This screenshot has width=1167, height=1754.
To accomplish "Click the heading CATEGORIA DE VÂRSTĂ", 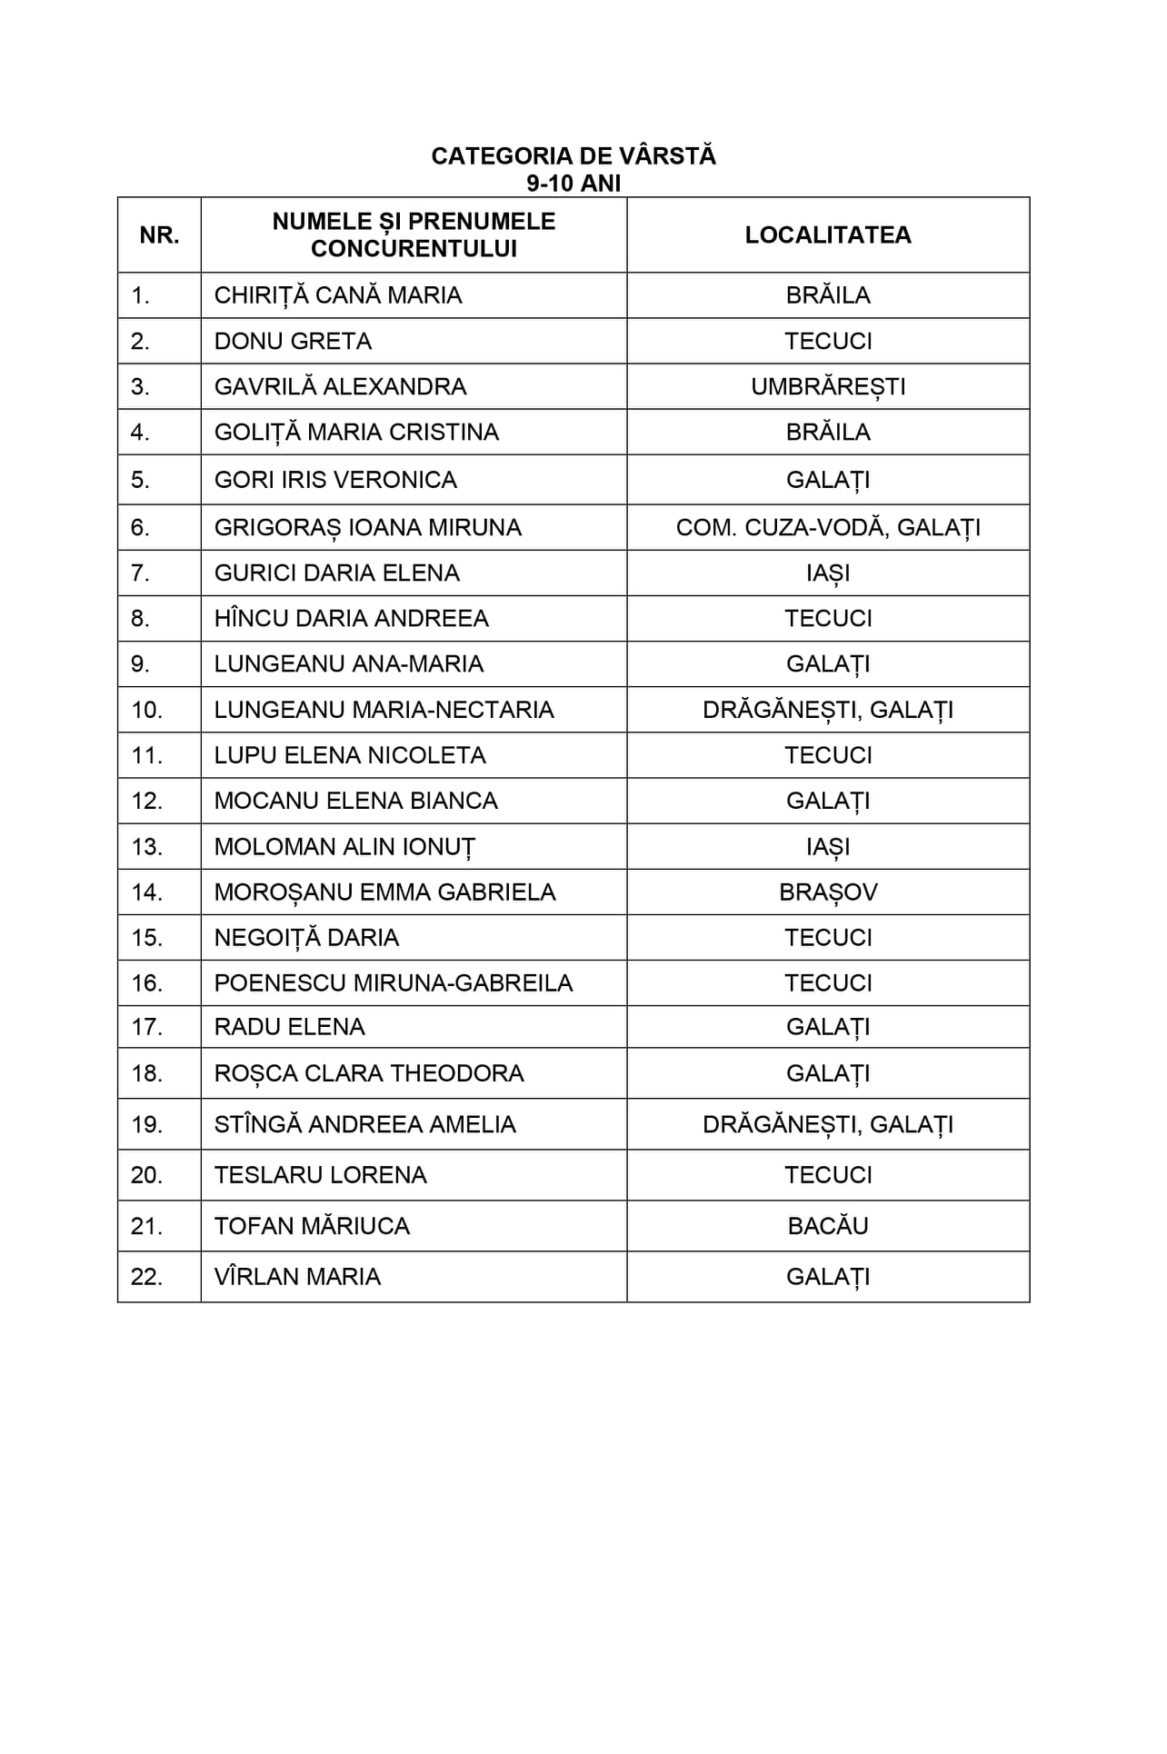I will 574,156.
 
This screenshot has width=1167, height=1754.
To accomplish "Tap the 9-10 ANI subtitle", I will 574,184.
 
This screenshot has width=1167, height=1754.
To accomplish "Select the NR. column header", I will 159,235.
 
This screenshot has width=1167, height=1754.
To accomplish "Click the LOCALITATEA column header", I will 828,235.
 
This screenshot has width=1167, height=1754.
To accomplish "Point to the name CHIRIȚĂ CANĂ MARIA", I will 338,295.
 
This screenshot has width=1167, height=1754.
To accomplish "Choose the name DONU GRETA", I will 293,341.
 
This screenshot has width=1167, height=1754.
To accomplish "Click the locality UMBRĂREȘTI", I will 828,387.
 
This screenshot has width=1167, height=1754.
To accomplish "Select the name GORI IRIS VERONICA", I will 335,480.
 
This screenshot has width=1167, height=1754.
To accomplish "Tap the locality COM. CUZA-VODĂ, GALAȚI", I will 828,528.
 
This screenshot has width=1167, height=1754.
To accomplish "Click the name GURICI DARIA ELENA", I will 337,573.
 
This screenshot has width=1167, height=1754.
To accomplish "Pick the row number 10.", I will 146,710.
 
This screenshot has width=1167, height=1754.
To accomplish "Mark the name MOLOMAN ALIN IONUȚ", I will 344,847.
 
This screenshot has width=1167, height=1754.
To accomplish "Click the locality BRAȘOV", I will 828,892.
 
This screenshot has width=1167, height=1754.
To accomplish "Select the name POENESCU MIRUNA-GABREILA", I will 394,983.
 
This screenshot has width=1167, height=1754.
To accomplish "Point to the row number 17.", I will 146,1027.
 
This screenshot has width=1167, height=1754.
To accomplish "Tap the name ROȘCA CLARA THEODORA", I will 369,1073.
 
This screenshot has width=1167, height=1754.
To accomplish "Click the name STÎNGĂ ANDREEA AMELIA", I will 365,1124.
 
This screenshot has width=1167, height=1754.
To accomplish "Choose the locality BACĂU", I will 828,1226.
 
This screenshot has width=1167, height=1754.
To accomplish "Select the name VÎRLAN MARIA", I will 297,1277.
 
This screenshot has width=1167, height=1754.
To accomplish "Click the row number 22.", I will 146,1277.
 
